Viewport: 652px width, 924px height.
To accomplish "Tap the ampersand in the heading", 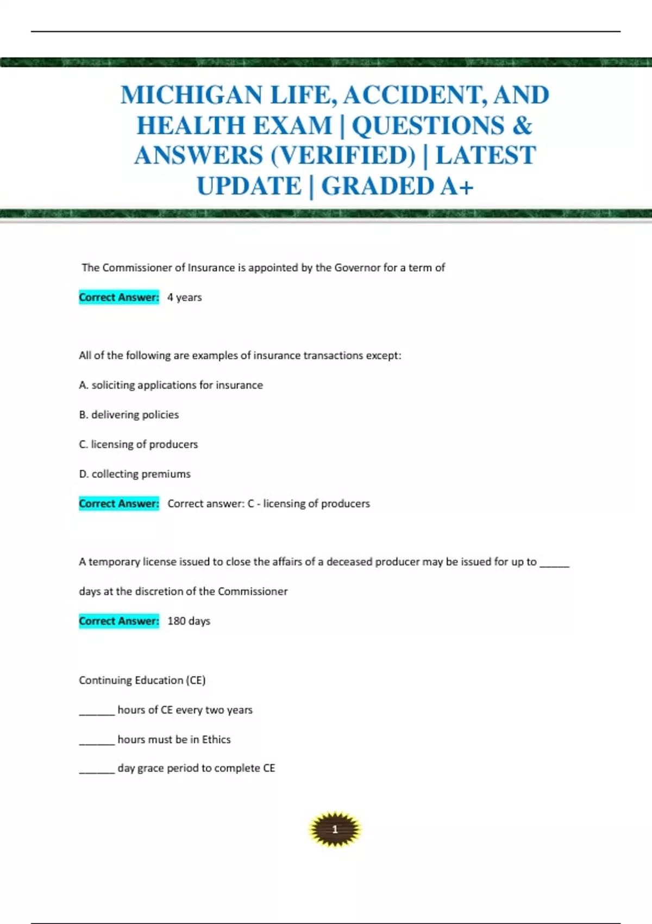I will pyautogui.click(x=522, y=126).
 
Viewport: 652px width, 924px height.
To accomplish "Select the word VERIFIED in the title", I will pyautogui.click(x=343, y=156).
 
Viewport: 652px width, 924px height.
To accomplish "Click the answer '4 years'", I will pyautogui.click(x=184, y=297).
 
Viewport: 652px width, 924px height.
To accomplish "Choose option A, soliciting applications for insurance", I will pyautogui.click(x=171, y=385).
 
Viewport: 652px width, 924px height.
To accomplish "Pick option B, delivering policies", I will pyautogui.click(x=129, y=415).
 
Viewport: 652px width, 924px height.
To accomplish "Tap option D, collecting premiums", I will pyautogui.click(x=135, y=474).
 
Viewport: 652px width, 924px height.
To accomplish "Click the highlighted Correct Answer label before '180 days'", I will pyautogui.click(x=119, y=621).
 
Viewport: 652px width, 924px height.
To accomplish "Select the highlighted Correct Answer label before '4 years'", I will pyautogui.click(x=119, y=297).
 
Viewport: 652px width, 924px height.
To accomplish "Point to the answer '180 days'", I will pyautogui.click(x=189, y=621).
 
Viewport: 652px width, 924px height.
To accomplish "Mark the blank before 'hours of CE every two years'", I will pyautogui.click(x=97, y=713).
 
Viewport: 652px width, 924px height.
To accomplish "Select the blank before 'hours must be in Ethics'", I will pyautogui.click(x=97, y=742).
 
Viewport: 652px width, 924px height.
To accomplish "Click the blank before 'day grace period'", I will pyautogui.click(x=97, y=771).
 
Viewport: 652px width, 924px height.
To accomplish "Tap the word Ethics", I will pyautogui.click(x=216, y=739).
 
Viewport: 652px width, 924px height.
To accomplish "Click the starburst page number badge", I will pyautogui.click(x=335, y=829).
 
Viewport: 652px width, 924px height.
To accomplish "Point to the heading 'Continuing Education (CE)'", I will pyautogui.click(x=142, y=680).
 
